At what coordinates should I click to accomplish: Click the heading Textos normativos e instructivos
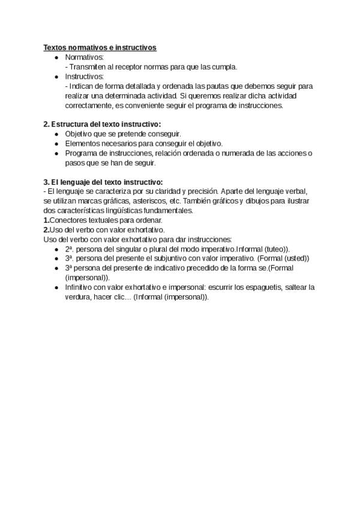tap(100, 47)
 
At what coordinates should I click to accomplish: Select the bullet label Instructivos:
tap(85, 76)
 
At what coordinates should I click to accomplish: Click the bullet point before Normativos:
tap(56, 57)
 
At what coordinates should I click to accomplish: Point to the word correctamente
tap(89, 105)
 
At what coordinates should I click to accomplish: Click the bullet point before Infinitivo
tap(56, 287)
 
